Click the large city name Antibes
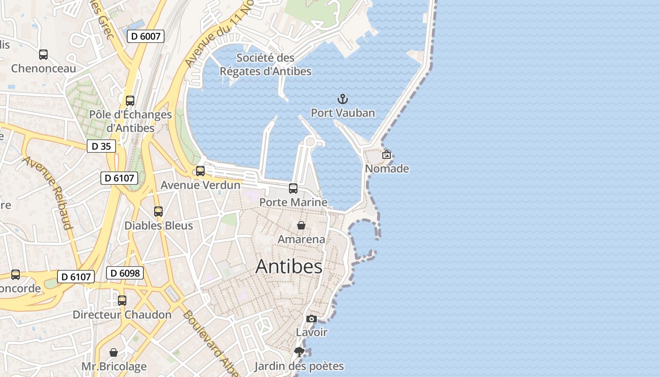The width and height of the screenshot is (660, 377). click(x=289, y=267)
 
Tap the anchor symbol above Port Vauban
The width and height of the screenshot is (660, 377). click(x=343, y=99)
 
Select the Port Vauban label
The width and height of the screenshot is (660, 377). click(x=343, y=113)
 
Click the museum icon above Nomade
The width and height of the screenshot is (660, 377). click(x=387, y=155)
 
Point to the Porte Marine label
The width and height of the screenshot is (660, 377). click(x=293, y=202)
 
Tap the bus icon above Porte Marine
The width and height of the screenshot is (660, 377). click(x=293, y=188)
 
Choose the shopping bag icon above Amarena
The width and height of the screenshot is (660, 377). click(x=301, y=225)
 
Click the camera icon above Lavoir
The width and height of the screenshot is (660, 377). click(x=311, y=319)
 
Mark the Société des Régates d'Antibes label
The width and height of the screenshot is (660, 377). click(x=265, y=65)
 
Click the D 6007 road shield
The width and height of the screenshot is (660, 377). click(x=145, y=36)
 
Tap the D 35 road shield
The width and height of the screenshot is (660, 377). click(x=101, y=147)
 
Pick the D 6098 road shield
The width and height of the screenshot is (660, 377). click(x=124, y=273)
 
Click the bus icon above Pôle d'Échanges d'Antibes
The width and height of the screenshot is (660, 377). click(x=130, y=101)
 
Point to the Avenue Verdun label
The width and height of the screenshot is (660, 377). click(x=200, y=185)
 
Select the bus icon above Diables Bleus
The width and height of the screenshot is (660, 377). click(x=158, y=212)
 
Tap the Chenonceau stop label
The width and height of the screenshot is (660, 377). click(x=43, y=69)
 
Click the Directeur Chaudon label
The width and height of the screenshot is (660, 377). click(x=122, y=315)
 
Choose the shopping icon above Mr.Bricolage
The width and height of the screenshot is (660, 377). click(x=114, y=352)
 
